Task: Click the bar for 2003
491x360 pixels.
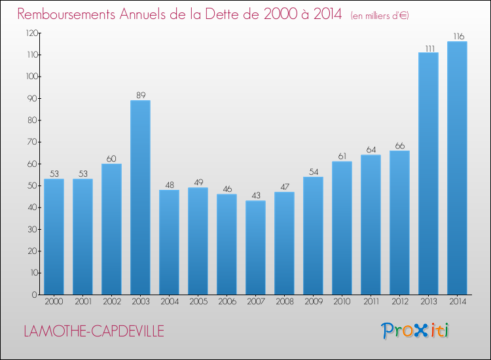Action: tap(140, 197)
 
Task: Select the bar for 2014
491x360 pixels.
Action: tap(457, 168)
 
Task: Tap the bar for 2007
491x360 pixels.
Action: tap(255, 247)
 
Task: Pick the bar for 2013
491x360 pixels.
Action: tap(428, 173)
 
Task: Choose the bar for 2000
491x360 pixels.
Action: tap(54, 236)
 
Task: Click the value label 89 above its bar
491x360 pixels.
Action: tap(140, 95)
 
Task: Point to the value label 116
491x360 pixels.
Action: tap(457, 36)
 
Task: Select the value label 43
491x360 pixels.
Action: tap(255, 195)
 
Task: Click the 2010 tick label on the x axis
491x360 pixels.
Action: tap(342, 302)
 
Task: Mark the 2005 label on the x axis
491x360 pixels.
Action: tap(198, 302)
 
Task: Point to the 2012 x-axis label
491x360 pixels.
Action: tap(399, 302)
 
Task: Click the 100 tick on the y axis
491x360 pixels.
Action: tap(31, 77)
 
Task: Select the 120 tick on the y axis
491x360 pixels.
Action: tap(31, 33)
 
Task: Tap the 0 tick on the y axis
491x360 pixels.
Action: tap(33, 295)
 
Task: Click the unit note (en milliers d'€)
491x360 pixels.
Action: tap(380, 15)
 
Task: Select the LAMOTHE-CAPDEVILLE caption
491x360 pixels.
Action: tap(94, 331)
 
